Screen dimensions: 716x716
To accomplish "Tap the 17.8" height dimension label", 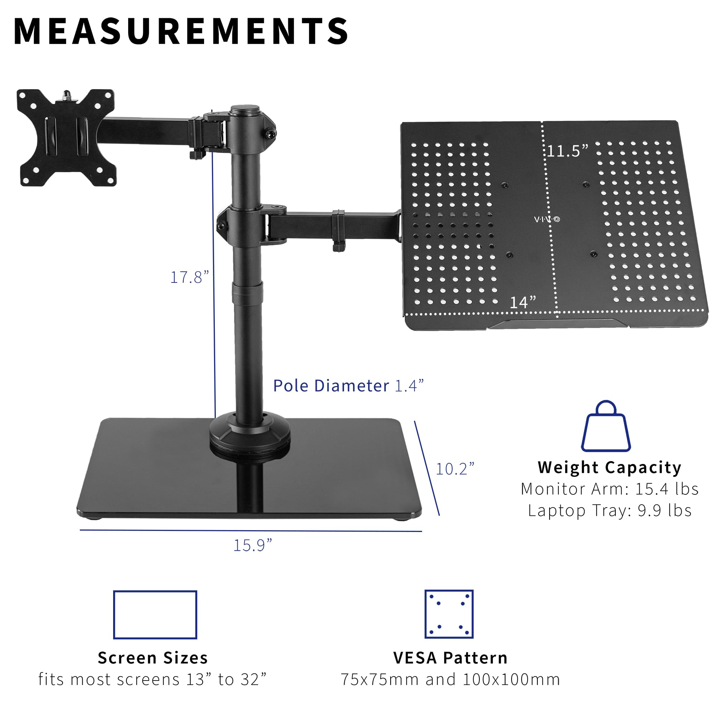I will [189, 277].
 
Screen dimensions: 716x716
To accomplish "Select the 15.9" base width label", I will [252, 545].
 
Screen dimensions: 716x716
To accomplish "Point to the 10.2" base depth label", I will [455, 469].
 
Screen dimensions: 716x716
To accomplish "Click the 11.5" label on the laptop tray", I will [567, 151].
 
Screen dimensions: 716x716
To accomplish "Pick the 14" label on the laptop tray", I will [523, 303].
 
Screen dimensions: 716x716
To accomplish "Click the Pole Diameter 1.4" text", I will [348, 386].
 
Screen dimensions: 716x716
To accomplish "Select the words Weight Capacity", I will [609, 467].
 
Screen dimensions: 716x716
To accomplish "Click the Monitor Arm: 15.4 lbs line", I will [609, 489].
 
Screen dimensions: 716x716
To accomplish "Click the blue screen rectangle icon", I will [155, 615].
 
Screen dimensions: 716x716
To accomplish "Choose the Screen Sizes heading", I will [153, 658].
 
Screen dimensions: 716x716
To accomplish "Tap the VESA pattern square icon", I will [449, 614].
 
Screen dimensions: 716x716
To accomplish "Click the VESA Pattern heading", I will [450, 658].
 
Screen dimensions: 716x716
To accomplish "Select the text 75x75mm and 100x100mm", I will [450, 679].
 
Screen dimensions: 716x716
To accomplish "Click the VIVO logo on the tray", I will [547, 219].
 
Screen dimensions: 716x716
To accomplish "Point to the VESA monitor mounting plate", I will [67, 137].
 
